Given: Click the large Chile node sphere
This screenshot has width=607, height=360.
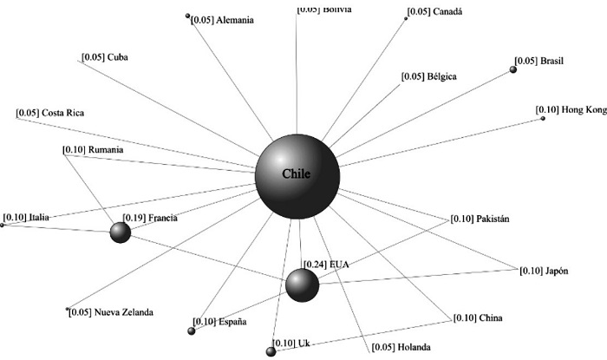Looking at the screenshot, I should pyautogui.click(x=297, y=176).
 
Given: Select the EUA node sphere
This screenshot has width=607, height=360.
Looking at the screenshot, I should pyautogui.click(x=302, y=285).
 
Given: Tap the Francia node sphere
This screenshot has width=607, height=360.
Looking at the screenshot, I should pyautogui.click(x=121, y=232).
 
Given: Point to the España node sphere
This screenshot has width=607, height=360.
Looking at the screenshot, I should pyautogui.click(x=192, y=331).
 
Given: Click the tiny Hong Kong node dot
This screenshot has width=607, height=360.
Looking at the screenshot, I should pyautogui.click(x=543, y=118).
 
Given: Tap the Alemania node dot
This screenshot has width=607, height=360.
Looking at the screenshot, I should pyautogui.click(x=188, y=16).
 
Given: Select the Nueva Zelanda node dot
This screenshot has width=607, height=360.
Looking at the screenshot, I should pyautogui.click(x=67, y=309).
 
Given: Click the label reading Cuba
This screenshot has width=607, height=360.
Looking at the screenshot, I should pyautogui.click(x=118, y=57).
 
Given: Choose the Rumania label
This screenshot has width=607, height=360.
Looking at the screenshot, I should pyautogui.click(x=106, y=149).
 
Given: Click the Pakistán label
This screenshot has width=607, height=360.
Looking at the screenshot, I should pyautogui.click(x=493, y=219).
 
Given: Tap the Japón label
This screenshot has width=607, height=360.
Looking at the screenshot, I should pyautogui.click(x=558, y=271).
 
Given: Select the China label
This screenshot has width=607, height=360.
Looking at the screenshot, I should pyautogui.click(x=490, y=318).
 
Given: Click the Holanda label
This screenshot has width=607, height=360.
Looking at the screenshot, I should pyautogui.click(x=411, y=347).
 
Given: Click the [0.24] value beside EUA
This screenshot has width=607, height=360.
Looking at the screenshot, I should pyautogui.click(x=313, y=264).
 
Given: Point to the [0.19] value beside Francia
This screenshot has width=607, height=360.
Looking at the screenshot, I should pyautogui.click(x=134, y=218).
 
